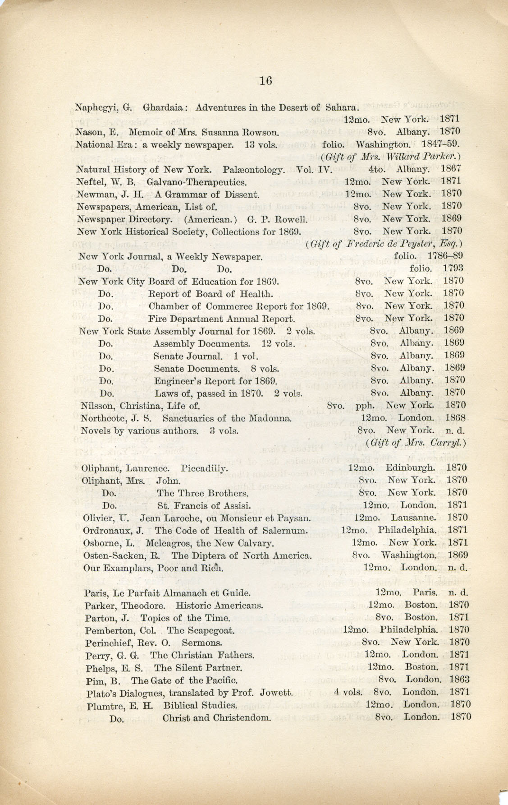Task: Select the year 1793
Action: [x=453, y=268]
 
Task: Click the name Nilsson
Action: [x=96, y=405]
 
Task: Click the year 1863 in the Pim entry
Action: [x=460, y=680]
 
